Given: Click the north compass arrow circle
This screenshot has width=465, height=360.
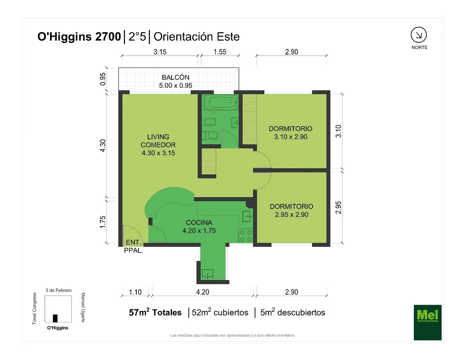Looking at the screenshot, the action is [x=418, y=35].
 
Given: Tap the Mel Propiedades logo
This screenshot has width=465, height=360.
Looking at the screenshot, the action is [x=427, y=322].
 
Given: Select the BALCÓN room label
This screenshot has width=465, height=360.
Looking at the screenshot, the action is [x=176, y=77].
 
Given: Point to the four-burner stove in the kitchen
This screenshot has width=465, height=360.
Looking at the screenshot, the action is [x=246, y=236].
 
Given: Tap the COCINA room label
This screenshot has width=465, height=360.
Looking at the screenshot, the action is [x=199, y=222].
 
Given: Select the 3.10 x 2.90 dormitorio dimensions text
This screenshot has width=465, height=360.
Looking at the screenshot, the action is [x=291, y=137].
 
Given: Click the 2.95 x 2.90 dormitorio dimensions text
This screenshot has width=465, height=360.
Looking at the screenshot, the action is [x=291, y=214].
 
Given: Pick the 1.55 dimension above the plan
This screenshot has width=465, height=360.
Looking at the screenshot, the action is [x=220, y=52].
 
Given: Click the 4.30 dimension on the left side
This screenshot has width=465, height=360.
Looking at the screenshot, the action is [x=103, y=146].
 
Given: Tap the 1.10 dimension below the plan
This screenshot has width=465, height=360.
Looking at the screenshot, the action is [x=135, y=292].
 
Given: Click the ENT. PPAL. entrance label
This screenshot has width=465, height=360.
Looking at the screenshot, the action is [x=134, y=246].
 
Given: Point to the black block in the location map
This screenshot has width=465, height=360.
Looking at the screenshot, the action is [x=55, y=318].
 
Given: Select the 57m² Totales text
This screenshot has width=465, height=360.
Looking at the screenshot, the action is [x=155, y=312].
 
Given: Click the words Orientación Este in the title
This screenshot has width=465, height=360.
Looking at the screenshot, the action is [x=196, y=36].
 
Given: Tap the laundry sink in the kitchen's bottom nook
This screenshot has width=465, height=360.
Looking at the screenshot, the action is [x=208, y=274].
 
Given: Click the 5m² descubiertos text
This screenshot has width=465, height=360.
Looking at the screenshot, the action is [x=293, y=312].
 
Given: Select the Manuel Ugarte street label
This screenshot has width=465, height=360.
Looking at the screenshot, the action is [x=83, y=307].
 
